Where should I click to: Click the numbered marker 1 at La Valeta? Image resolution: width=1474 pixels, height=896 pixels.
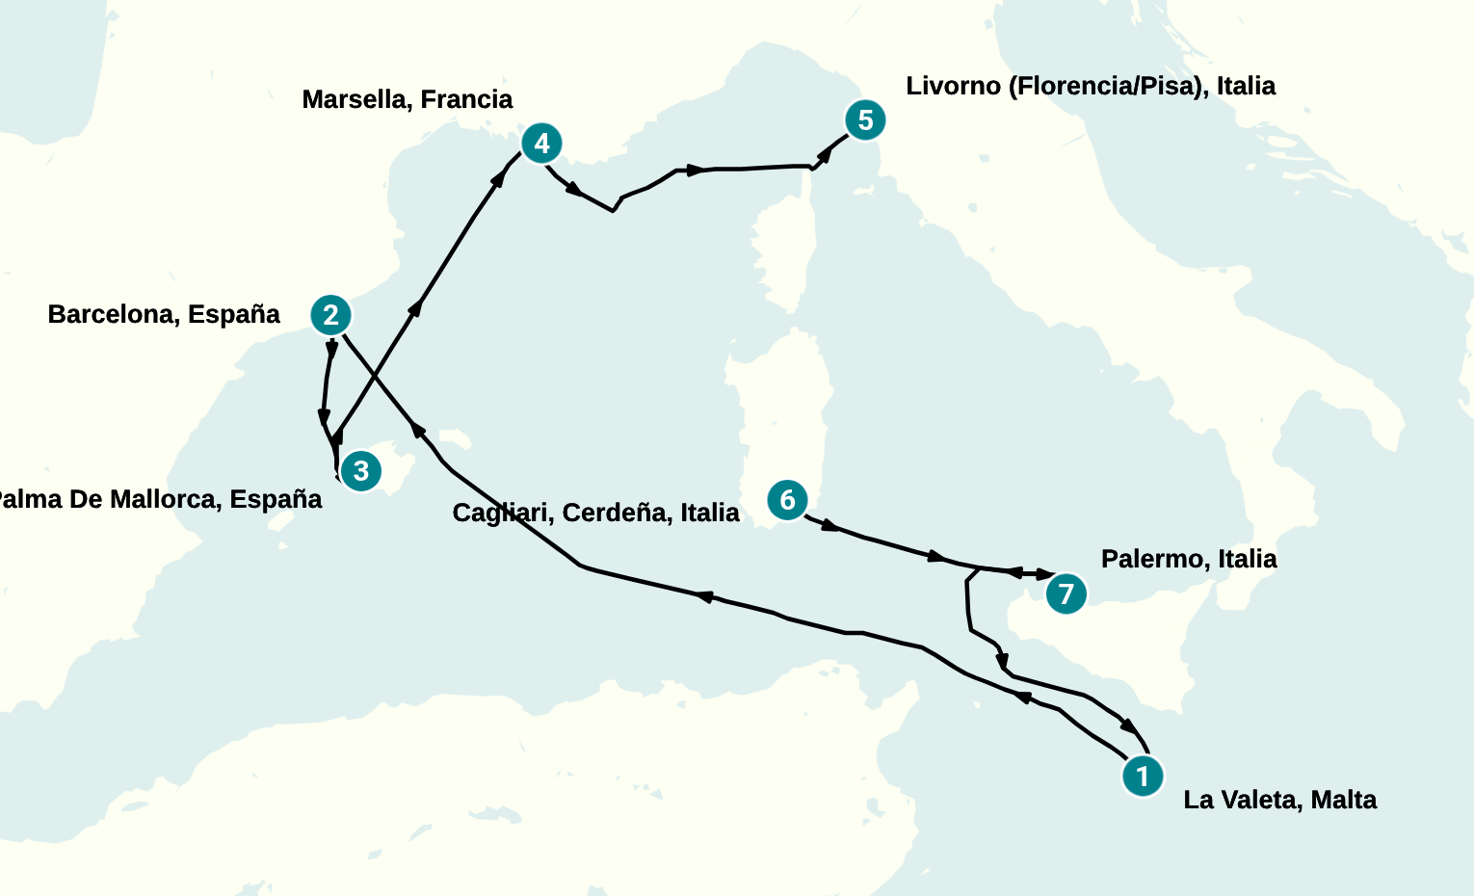(1143, 776)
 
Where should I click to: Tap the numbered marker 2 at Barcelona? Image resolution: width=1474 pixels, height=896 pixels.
(330, 315)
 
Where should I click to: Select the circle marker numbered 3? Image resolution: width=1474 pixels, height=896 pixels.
(360, 471)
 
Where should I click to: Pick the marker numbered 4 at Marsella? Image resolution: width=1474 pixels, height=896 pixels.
(541, 144)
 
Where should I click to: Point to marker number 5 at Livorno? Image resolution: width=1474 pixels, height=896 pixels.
(865, 120)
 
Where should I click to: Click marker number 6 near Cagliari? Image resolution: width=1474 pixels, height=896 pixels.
(787, 500)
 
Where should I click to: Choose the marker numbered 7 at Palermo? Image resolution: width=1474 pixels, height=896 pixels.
(1066, 593)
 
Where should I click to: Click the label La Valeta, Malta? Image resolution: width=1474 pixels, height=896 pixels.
(1279, 800)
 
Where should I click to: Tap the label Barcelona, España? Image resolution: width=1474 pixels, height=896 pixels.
(164, 314)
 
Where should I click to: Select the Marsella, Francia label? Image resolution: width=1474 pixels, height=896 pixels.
(407, 99)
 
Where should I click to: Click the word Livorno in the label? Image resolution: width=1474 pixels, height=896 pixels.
(953, 86)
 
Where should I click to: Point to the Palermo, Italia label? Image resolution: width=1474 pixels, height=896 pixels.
(1189, 559)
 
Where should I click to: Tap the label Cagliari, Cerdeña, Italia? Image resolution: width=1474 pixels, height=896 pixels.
(595, 513)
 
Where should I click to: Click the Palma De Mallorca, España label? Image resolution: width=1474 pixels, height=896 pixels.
(159, 499)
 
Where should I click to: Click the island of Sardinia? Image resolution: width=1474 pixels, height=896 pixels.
(780, 414)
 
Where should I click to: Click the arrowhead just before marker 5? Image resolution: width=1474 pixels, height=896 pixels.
(825, 154)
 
